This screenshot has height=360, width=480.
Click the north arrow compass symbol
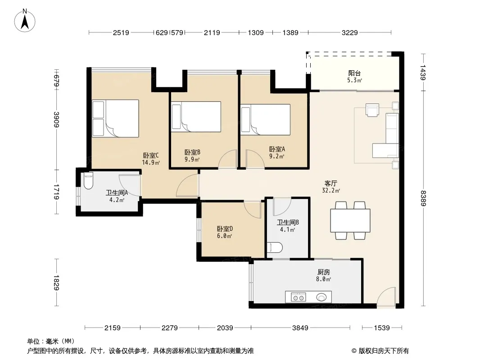[x=25, y=21]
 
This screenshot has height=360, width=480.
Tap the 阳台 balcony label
[x=354, y=73]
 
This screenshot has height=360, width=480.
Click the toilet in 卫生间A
[x=88, y=180]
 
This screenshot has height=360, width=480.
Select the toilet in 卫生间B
[x=275, y=247]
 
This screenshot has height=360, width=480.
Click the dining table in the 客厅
[x=350, y=220]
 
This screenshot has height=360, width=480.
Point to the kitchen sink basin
[x=322, y=297]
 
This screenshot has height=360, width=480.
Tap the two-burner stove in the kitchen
[x=299, y=297]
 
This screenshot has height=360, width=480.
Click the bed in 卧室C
[x=115, y=118]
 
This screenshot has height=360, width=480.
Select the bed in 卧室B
[x=196, y=117]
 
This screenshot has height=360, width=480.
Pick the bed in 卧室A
[x=265, y=120]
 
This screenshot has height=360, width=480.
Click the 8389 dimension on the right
[x=423, y=198]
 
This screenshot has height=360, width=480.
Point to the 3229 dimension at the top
[x=349, y=32]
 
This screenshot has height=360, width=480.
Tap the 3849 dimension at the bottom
[x=300, y=328]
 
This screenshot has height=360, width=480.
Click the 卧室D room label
[x=225, y=229]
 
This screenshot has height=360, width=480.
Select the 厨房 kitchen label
[x=324, y=272]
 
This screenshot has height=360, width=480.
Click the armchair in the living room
[x=372, y=110]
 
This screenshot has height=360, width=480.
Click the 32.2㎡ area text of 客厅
[x=331, y=190]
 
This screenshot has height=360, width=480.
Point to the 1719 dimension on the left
[x=56, y=191]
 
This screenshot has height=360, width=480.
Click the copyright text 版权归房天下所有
[x=384, y=351]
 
